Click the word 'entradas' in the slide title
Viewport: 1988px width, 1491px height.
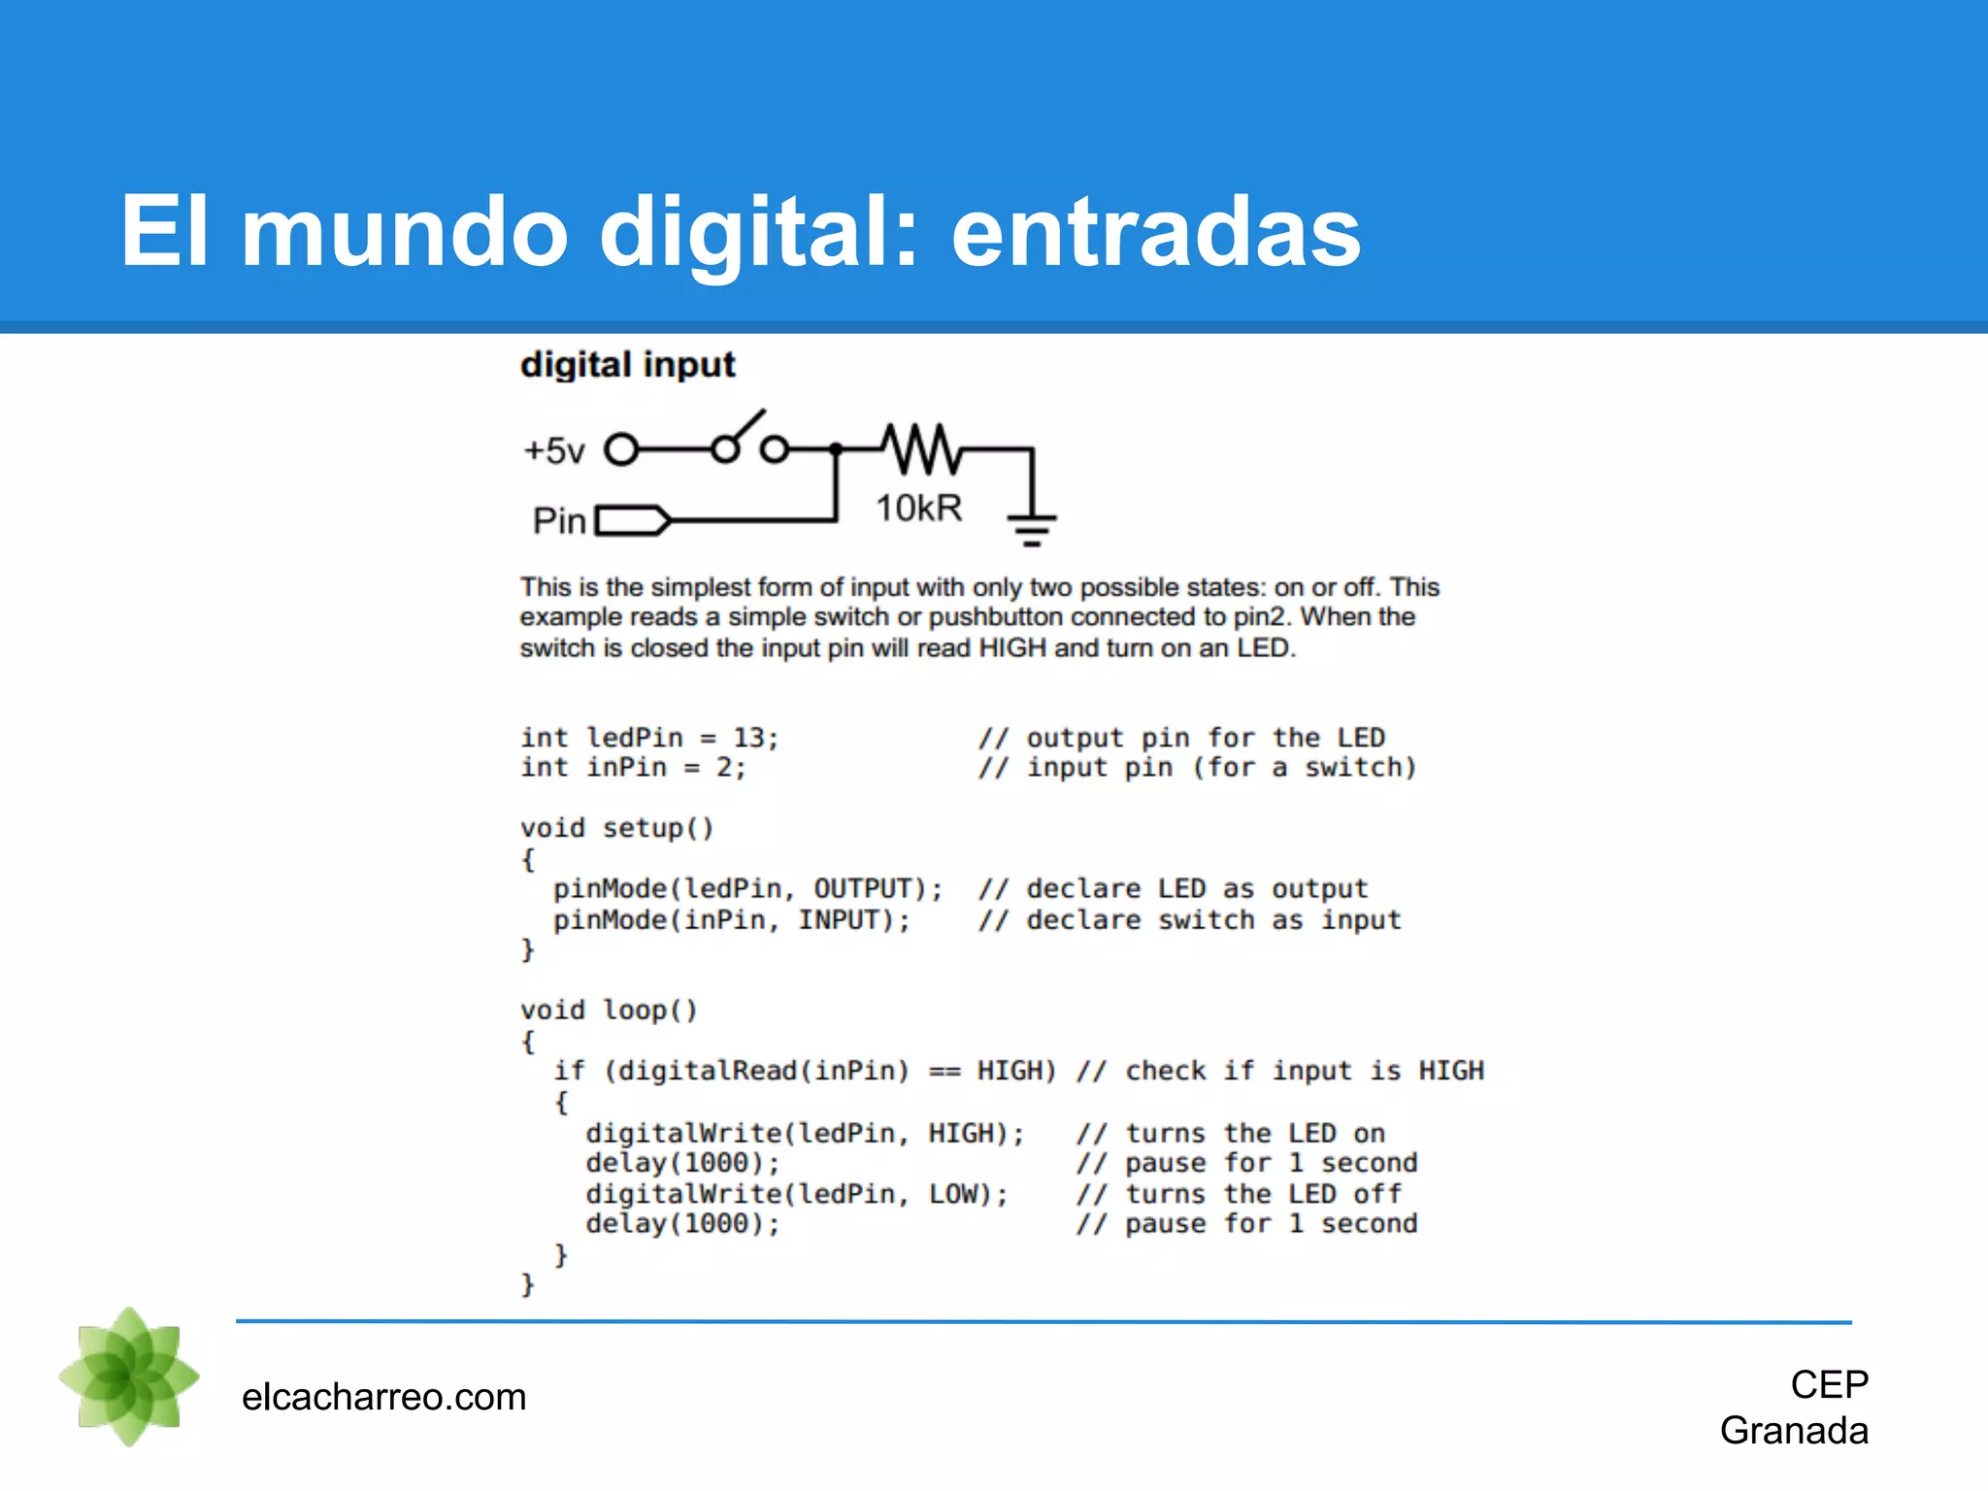click(x=1155, y=233)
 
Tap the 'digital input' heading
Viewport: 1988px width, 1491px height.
click(x=627, y=365)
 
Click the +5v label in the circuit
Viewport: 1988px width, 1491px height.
click(x=554, y=450)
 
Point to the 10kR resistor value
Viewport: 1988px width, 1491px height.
click(x=918, y=508)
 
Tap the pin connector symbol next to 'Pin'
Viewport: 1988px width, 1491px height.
click(x=632, y=521)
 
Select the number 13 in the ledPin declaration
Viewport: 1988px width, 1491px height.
click(x=748, y=738)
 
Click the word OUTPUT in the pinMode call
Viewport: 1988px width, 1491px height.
click(x=863, y=889)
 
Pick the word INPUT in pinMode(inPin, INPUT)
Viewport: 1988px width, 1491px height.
click(x=839, y=920)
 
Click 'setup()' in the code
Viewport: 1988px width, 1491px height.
click(x=658, y=829)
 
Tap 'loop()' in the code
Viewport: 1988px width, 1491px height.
click(x=649, y=1011)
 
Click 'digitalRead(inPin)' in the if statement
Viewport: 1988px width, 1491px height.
click(x=764, y=1071)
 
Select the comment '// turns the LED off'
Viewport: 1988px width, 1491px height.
click(x=1239, y=1194)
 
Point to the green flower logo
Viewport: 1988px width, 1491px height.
click(x=130, y=1376)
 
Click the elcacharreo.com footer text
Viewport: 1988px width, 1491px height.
click(x=383, y=1397)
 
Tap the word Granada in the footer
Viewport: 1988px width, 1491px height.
click(x=1794, y=1431)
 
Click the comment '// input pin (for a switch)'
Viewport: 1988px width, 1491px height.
click(x=1197, y=768)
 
